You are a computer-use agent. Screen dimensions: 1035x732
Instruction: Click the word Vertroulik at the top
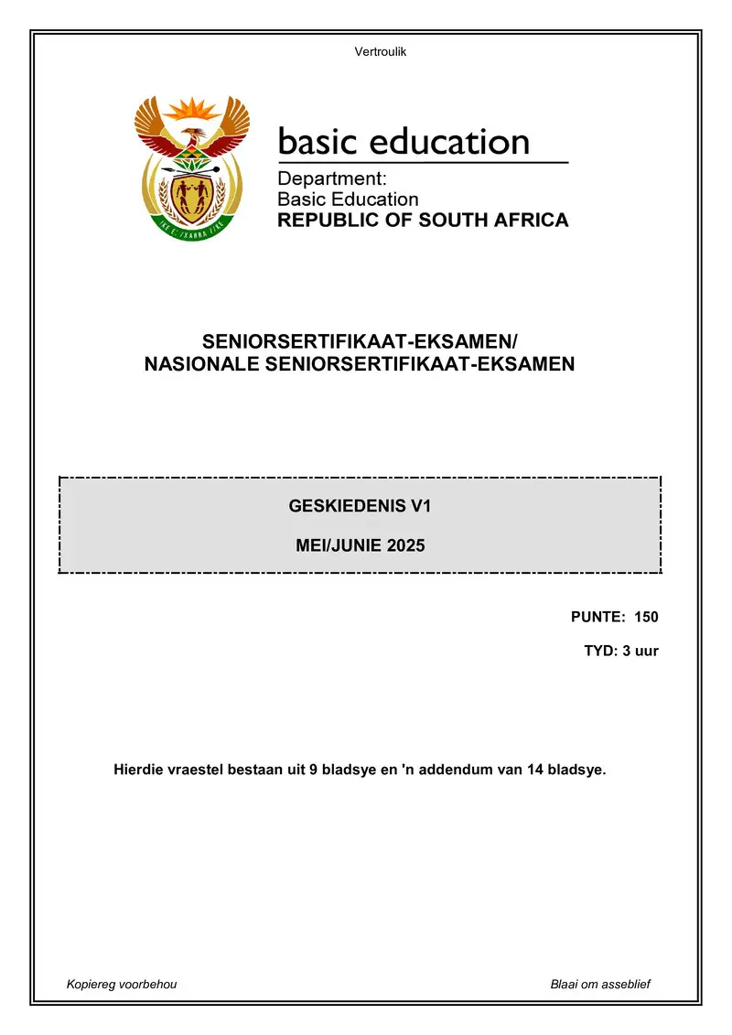[x=380, y=51]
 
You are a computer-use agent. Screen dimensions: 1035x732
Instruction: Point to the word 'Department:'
[x=332, y=179]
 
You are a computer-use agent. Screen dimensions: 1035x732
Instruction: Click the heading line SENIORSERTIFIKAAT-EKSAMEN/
[x=360, y=343]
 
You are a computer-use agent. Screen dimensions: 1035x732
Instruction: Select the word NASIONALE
[x=199, y=365]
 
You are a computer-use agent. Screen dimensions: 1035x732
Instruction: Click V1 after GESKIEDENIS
[x=420, y=505]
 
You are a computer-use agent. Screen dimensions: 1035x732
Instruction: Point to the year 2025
[x=405, y=546]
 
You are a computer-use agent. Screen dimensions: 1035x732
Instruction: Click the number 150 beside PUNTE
[x=646, y=617]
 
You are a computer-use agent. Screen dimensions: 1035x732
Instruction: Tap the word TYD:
[x=599, y=652]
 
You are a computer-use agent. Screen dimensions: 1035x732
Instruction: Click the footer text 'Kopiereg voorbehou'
[x=122, y=984]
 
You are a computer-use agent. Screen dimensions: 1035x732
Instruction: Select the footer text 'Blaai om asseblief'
[x=600, y=984]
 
